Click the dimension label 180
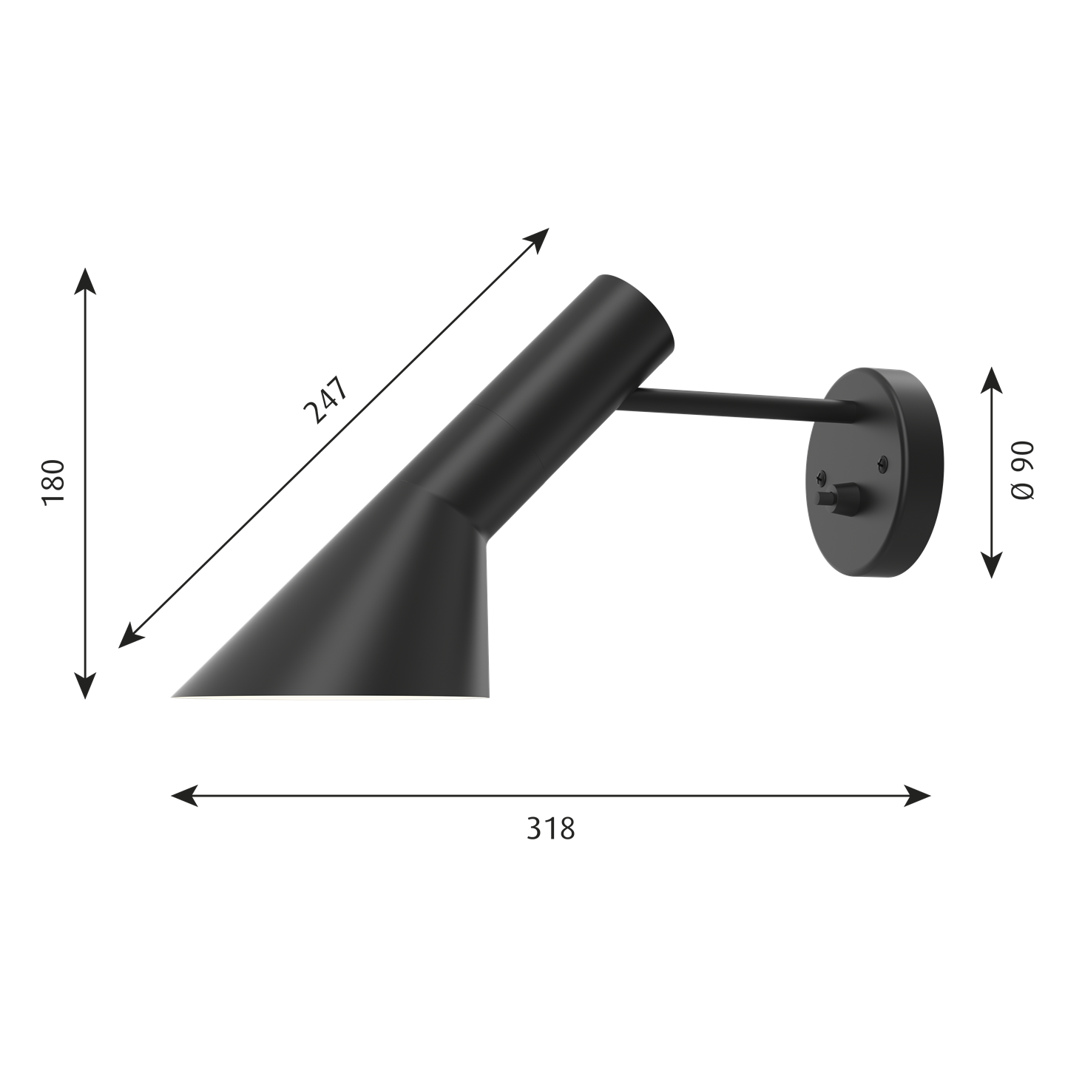pyautogui.click(x=53, y=481)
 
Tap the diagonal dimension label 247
pyautogui.click(x=326, y=399)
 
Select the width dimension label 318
pyautogui.click(x=550, y=828)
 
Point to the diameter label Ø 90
pyautogui.click(x=1022, y=471)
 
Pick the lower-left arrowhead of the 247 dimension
pyautogui.click(x=132, y=635)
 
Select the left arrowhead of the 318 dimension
pyautogui.click(x=185, y=796)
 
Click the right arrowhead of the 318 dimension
pyautogui.click(x=917, y=796)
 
